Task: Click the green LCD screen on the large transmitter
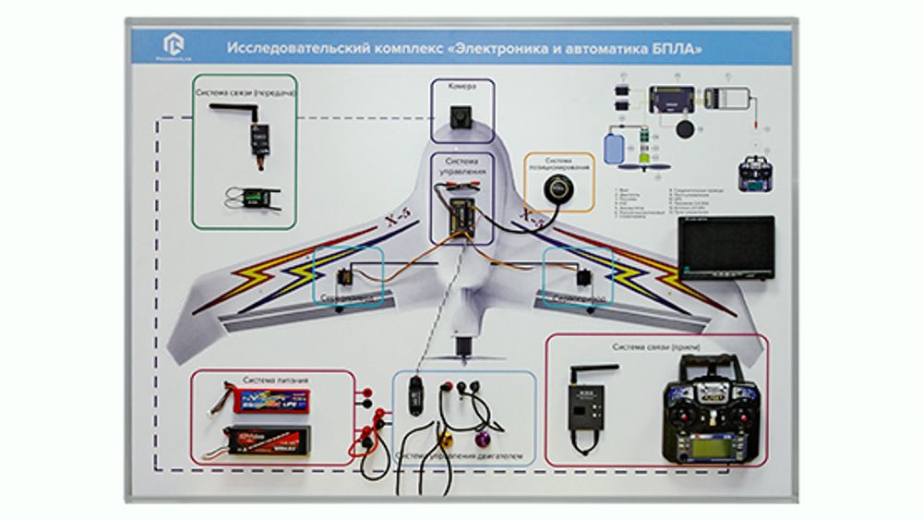717,446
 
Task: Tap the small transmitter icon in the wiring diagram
756,175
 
